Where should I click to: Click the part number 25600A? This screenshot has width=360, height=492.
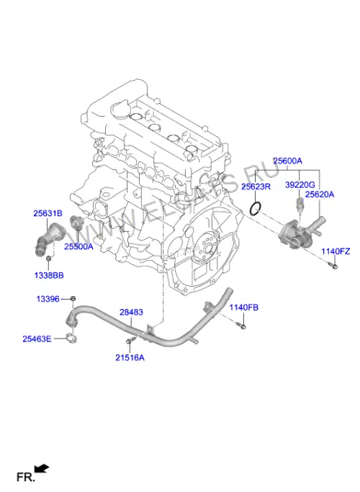coord(287,161)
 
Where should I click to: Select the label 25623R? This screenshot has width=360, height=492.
coord(256,187)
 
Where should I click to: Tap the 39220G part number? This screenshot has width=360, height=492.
coord(300,185)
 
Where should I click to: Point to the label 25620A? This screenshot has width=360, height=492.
coord(320,194)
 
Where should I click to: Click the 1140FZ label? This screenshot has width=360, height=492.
coord(336,251)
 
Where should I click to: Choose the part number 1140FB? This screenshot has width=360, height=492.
coord(243,308)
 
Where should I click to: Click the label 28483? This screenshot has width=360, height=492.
coord(131,312)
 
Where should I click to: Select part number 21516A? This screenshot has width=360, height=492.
coord(130,357)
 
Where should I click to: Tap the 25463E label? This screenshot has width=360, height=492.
coord(37,339)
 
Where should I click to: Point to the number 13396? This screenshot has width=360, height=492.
coord(48,299)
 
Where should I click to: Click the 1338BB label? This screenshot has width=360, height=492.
coord(49,275)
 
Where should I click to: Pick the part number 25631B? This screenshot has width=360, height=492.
coord(48,213)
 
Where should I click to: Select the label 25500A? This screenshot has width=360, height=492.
coord(78,246)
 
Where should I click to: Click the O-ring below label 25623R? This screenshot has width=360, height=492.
coord(256,209)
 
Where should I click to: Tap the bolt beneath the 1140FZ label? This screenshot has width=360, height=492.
coord(333,267)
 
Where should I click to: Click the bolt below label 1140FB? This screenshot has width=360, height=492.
coord(242,326)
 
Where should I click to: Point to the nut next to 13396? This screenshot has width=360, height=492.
coord(73,298)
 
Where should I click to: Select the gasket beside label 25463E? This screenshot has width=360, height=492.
coord(71,339)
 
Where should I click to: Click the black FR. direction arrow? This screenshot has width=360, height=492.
coord(41,469)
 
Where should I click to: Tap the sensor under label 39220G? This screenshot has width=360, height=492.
coord(300,204)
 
